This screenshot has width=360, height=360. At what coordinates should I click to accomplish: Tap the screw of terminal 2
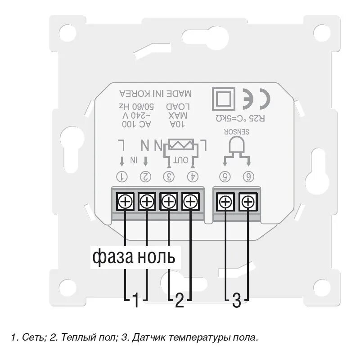[x=146, y=202]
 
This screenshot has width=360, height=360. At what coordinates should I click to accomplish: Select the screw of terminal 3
[x=169, y=202]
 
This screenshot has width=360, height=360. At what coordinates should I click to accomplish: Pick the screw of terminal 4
[x=191, y=202]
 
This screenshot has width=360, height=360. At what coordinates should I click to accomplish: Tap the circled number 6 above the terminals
[x=247, y=176]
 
